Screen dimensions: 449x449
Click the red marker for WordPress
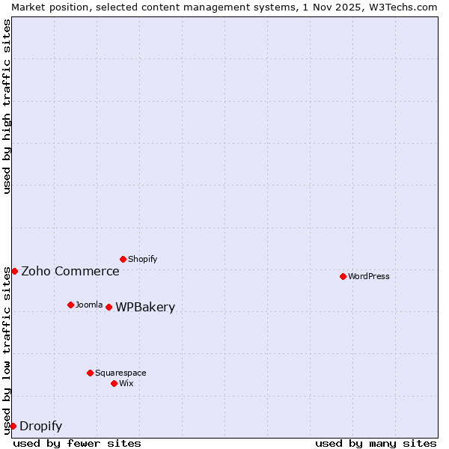pos(343,276)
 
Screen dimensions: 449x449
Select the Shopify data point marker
pos(123,259)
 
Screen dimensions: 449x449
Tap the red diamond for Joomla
pos(70,305)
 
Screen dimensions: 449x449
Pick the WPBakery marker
pos(109,307)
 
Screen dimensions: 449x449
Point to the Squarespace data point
pos(90,373)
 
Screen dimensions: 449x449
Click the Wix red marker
pos(114,383)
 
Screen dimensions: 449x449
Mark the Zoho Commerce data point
pos(14,271)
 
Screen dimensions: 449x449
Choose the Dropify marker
pos(13,426)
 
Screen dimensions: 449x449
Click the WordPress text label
pos(369,276)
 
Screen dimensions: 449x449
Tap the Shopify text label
pos(143,259)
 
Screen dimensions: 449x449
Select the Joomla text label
pos(89,305)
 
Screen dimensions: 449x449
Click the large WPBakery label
pos(145,308)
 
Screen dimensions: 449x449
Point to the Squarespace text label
pos(120,373)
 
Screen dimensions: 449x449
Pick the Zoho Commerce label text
pos(70,271)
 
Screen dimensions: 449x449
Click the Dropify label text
pos(41,427)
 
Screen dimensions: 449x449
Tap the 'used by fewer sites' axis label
pos(77,443)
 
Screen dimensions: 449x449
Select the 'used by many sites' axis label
pos(376,443)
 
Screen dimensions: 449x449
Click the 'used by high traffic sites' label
pos(7,107)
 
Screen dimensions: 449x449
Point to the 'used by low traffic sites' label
pos(7,350)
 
